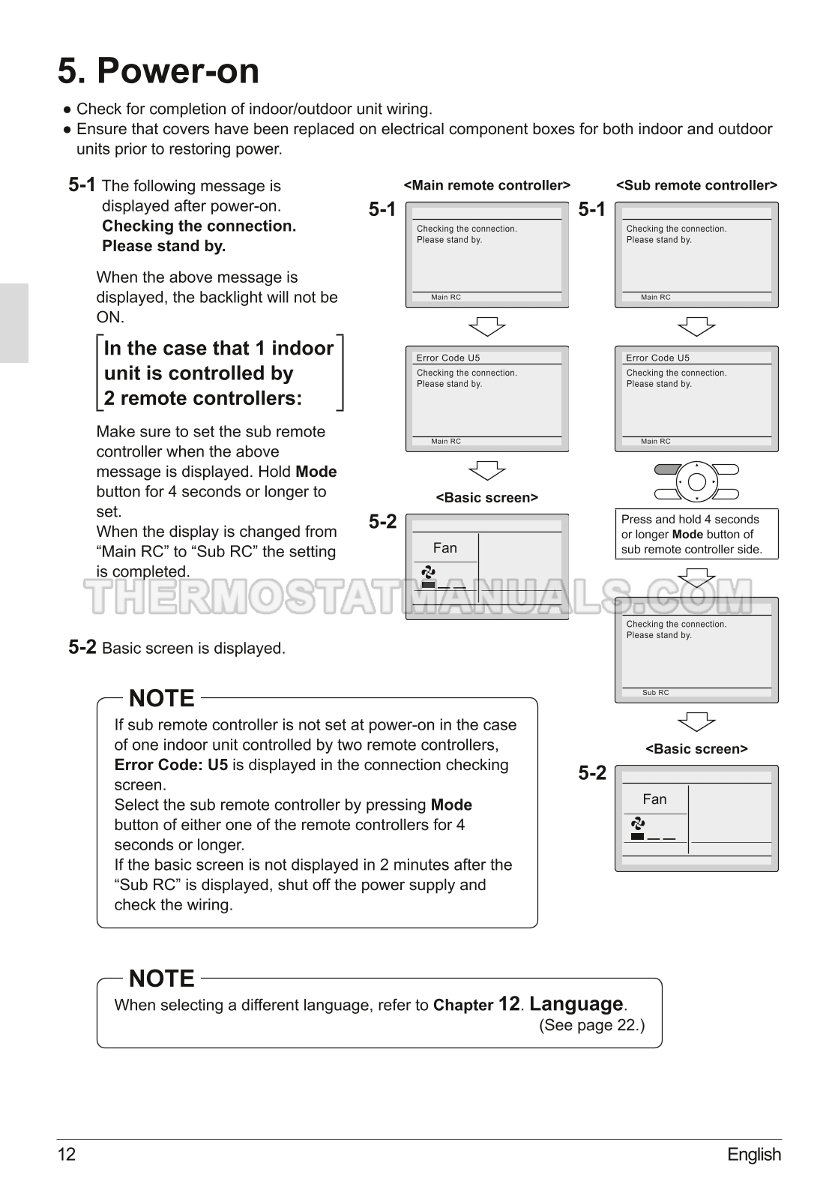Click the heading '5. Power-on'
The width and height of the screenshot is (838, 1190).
click(158, 71)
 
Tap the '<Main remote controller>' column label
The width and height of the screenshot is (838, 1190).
click(486, 185)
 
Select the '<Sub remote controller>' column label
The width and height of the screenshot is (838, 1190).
click(696, 185)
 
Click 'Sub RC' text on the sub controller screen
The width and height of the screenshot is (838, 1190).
click(655, 693)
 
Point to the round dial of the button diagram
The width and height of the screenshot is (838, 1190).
click(696, 481)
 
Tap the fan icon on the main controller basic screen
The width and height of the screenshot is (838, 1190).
click(429, 572)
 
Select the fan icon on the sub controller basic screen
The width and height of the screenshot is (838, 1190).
click(638, 823)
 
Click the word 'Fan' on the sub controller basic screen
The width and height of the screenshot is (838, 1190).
click(654, 799)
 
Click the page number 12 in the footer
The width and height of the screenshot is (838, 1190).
click(66, 1154)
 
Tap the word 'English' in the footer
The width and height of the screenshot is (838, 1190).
click(753, 1154)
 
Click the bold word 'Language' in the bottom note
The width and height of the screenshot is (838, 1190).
click(576, 1003)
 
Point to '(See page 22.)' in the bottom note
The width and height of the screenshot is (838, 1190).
click(591, 1025)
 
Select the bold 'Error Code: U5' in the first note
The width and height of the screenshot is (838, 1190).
click(171, 765)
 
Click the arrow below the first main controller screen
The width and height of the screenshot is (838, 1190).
click(486, 326)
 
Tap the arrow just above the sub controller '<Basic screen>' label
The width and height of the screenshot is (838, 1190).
click(696, 721)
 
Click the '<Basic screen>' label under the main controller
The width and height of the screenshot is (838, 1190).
click(486, 498)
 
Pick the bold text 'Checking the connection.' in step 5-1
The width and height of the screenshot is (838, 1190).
click(199, 226)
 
